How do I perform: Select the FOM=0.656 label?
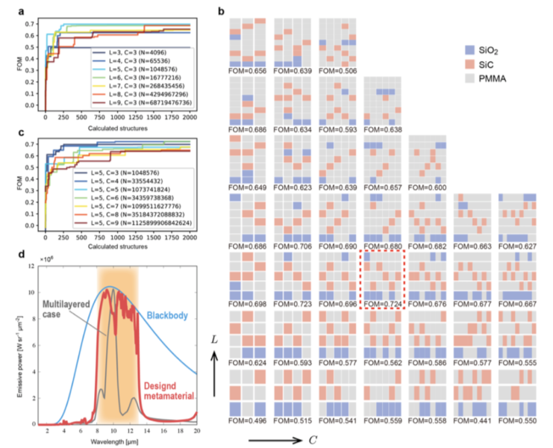click(249, 69)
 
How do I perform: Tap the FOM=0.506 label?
click(338, 69)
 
